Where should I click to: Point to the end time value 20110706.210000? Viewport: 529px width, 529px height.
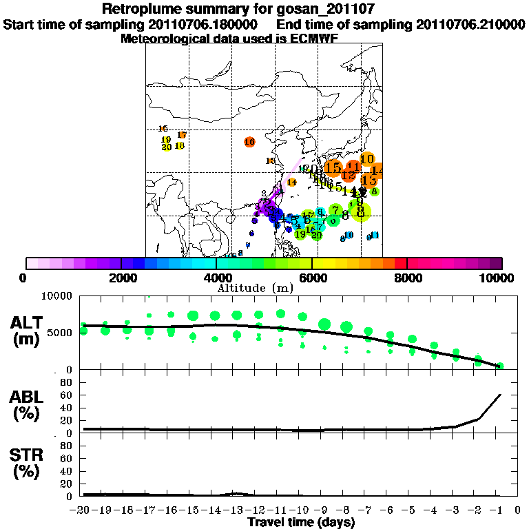click(470, 25)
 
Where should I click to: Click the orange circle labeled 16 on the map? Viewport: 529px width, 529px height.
click(249, 142)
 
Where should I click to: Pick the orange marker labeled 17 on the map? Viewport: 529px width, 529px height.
click(182, 135)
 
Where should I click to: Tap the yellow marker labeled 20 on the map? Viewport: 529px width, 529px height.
click(167, 147)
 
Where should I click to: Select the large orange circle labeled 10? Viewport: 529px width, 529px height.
click(367, 158)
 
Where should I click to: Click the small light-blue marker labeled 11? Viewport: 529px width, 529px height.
click(375, 236)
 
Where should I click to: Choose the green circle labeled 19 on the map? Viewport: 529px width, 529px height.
click(300, 234)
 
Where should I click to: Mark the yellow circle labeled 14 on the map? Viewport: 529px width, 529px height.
click(291, 183)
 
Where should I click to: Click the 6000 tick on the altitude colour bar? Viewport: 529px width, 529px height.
click(312, 278)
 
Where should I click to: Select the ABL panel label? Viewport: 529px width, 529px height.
click(28, 404)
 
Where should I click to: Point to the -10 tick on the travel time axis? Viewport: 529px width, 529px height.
click(302, 510)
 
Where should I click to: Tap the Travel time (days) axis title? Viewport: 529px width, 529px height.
click(301, 523)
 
